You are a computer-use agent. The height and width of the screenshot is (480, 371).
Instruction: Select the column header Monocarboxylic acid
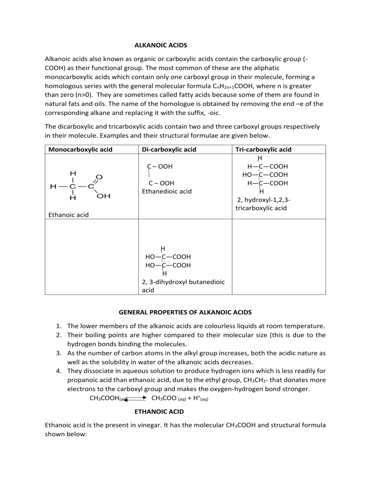pyautogui.click(x=80, y=150)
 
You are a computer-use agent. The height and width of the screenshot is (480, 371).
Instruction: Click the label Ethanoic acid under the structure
pyautogui.click(x=68, y=214)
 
